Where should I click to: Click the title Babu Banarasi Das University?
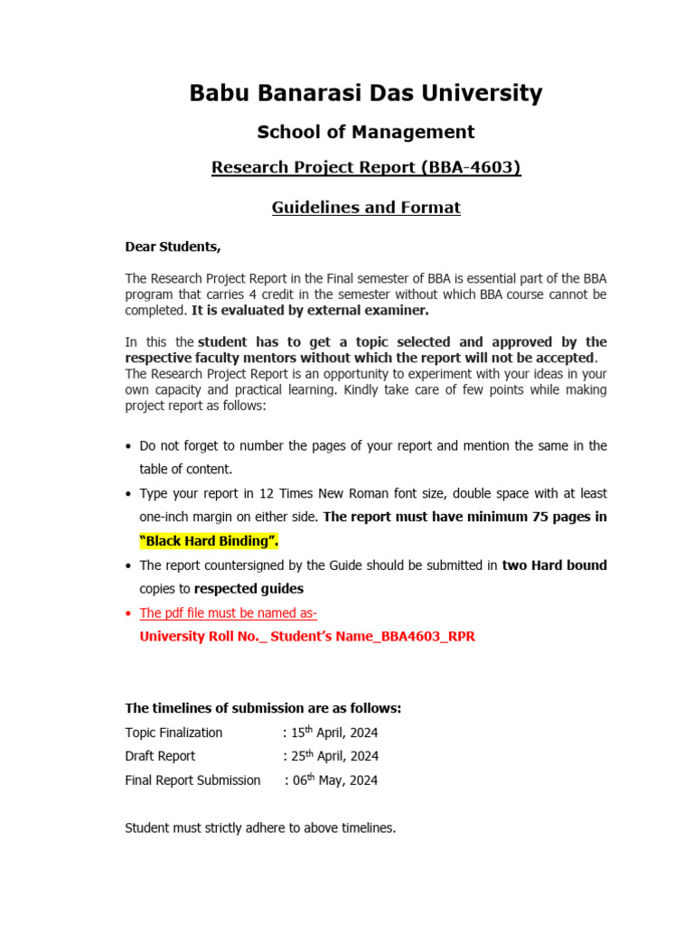tap(366, 93)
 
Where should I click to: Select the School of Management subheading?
tap(366, 132)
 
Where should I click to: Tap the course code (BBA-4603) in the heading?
tap(469, 167)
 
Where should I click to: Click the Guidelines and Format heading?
tap(366, 207)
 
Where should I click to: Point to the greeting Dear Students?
tap(173, 247)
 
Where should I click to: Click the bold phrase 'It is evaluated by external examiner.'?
tap(310, 311)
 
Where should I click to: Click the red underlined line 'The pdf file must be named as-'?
tap(228, 612)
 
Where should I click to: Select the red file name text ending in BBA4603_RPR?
tap(306, 636)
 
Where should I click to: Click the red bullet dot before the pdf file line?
tap(129, 613)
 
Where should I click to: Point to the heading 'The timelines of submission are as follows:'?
tap(263, 707)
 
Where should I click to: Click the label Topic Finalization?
tap(173, 732)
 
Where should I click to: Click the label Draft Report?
tap(160, 756)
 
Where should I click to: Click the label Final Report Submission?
tap(192, 780)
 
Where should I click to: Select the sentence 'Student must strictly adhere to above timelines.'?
tap(260, 827)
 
